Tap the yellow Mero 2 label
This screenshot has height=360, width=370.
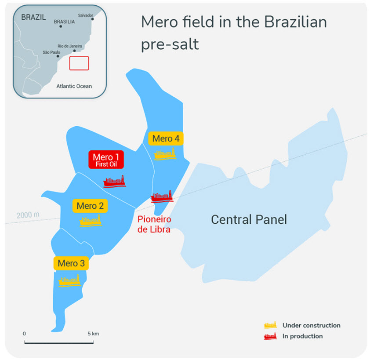click(x=90, y=205)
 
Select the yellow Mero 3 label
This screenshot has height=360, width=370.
click(x=71, y=264)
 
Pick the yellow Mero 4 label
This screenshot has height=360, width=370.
click(x=166, y=138)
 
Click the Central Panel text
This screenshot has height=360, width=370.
click(x=249, y=219)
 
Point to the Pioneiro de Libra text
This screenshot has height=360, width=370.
click(x=154, y=224)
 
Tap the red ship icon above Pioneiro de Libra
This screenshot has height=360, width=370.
click(x=162, y=196)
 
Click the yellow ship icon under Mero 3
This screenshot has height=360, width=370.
click(x=70, y=280)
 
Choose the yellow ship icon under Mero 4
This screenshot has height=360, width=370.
click(x=165, y=153)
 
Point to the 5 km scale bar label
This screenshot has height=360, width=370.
click(x=93, y=334)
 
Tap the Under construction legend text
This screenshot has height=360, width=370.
click(x=311, y=326)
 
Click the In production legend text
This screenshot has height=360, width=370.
click(x=302, y=336)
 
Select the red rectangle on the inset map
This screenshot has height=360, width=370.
click(x=79, y=63)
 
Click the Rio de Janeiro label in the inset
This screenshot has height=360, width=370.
click(x=70, y=46)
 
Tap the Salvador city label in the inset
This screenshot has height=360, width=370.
click(x=85, y=15)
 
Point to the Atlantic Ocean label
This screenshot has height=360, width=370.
click(x=74, y=86)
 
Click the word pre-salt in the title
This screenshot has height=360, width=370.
click(x=170, y=44)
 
